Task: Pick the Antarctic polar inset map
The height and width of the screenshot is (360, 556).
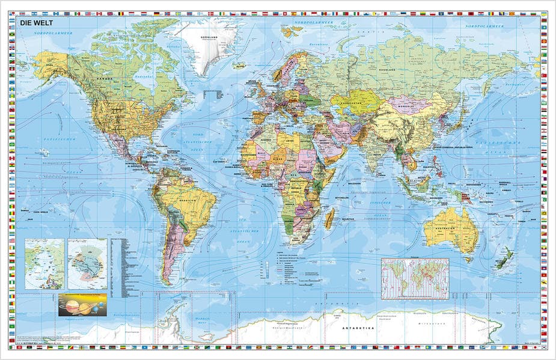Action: pyautogui.click(x=87, y=263)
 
